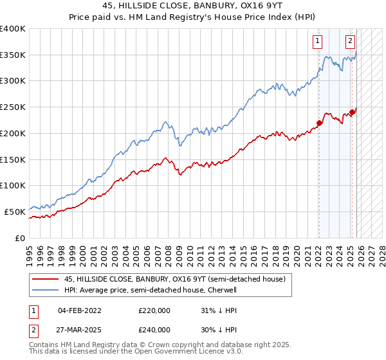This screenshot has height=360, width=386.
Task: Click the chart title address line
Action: point(193,4)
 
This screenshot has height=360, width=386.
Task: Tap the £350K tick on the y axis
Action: point(13,55)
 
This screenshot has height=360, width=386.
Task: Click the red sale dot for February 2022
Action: point(319,123)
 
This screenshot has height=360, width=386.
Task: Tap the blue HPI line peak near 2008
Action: point(166,120)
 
